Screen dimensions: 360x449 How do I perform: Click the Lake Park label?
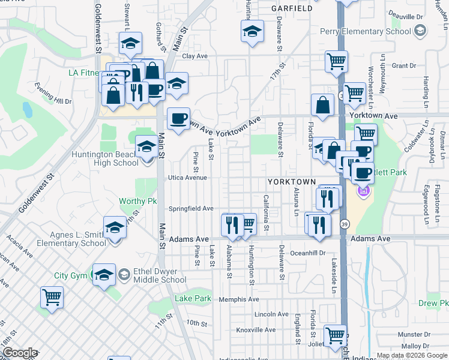point(193,298)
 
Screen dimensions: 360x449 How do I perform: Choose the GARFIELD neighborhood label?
point(292,9)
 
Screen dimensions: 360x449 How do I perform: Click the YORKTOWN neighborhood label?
point(292,181)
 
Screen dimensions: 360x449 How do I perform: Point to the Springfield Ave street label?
point(191,208)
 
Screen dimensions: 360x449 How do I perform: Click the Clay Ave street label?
point(194,56)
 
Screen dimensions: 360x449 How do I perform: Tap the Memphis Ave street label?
point(239,299)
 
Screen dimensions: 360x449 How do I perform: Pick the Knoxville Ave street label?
point(256,330)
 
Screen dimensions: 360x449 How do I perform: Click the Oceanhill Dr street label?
point(306,253)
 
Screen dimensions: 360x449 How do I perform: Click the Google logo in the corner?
point(20,353)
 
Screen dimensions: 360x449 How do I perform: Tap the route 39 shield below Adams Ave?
point(345,223)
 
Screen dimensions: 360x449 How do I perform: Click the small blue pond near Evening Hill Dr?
point(27,109)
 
